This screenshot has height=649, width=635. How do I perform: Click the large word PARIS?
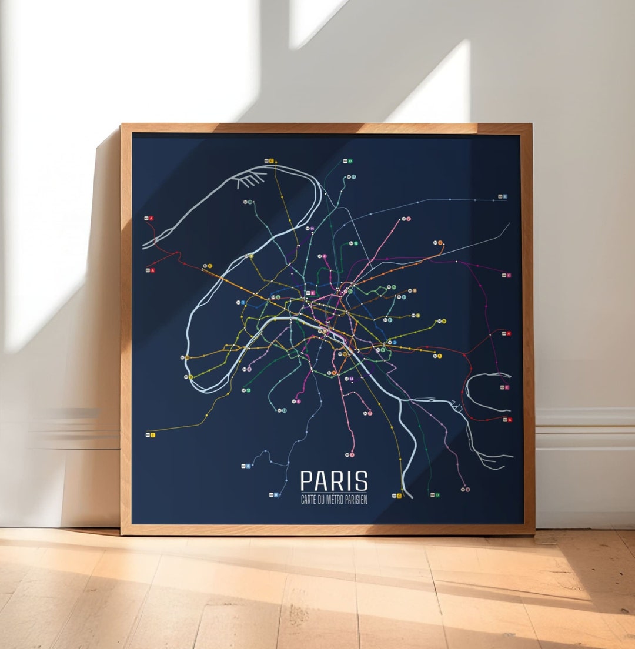[334, 481]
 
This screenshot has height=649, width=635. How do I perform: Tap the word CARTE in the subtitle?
[309, 500]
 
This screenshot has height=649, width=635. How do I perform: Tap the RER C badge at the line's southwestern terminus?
[150, 434]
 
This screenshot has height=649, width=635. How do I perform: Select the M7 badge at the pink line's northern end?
[407, 219]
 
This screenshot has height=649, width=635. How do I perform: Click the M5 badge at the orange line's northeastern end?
[439, 242]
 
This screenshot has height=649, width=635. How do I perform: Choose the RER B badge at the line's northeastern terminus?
[502, 196]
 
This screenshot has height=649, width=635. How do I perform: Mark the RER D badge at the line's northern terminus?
[348, 160]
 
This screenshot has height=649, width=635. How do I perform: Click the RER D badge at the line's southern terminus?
[435, 495]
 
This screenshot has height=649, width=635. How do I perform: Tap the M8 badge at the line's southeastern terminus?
[466, 489]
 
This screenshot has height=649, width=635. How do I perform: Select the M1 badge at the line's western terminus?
[208, 266]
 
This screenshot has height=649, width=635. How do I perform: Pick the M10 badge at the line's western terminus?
[189, 377]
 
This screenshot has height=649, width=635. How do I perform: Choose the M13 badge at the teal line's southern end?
[283, 410]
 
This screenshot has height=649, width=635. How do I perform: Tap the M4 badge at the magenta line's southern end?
[298, 402]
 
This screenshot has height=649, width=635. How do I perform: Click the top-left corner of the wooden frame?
[122, 125]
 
